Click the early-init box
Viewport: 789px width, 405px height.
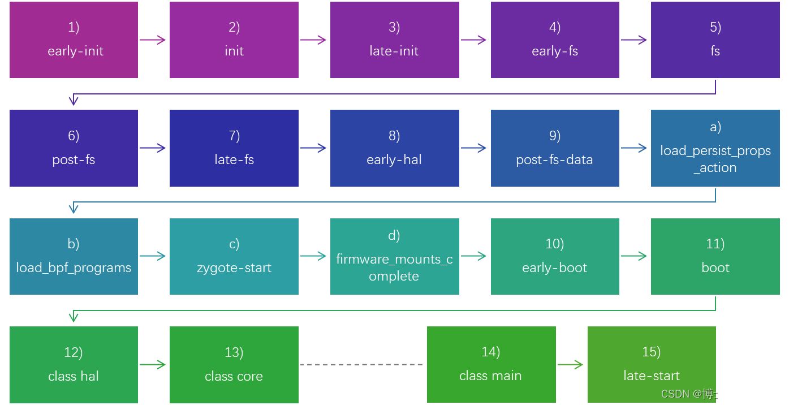(x=74, y=40)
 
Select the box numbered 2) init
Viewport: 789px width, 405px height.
(x=234, y=40)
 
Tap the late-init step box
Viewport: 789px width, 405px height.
(x=394, y=40)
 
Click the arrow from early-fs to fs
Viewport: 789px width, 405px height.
(x=635, y=40)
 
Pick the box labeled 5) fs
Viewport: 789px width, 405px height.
(x=715, y=40)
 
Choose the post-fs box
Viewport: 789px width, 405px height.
(x=74, y=148)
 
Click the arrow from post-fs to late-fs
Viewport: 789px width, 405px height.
(x=153, y=148)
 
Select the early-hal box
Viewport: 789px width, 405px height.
(x=394, y=148)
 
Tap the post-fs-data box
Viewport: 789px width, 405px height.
(x=554, y=148)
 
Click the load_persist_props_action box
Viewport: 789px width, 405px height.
(x=715, y=148)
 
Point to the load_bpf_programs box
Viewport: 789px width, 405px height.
(x=74, y=256)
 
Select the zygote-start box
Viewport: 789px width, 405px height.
(x=234, y=256)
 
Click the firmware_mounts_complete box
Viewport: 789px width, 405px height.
(x=394, y=256)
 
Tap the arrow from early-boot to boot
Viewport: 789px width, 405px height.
(x=635, y=257)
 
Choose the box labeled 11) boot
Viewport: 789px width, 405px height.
(x=715, y=256)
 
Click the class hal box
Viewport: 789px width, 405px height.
(x=74, y=365)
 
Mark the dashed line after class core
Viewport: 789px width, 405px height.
(x=362, y=365)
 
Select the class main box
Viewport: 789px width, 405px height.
(x=490, y=365)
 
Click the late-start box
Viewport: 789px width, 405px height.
(x=651, y=365)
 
